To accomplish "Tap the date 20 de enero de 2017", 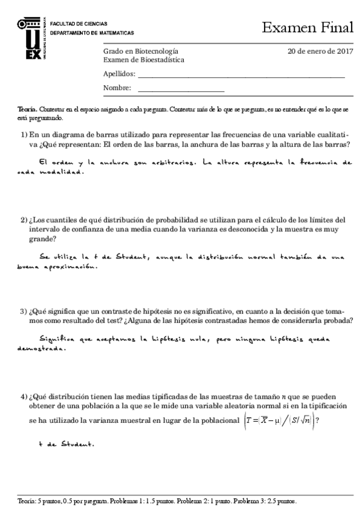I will click(320, 51).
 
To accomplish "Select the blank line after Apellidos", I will click(242, 77).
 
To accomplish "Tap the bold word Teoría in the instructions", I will click(27, 108).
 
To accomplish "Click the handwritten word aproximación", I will click(74, 267).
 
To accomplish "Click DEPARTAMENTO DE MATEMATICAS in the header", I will click(92, 33).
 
